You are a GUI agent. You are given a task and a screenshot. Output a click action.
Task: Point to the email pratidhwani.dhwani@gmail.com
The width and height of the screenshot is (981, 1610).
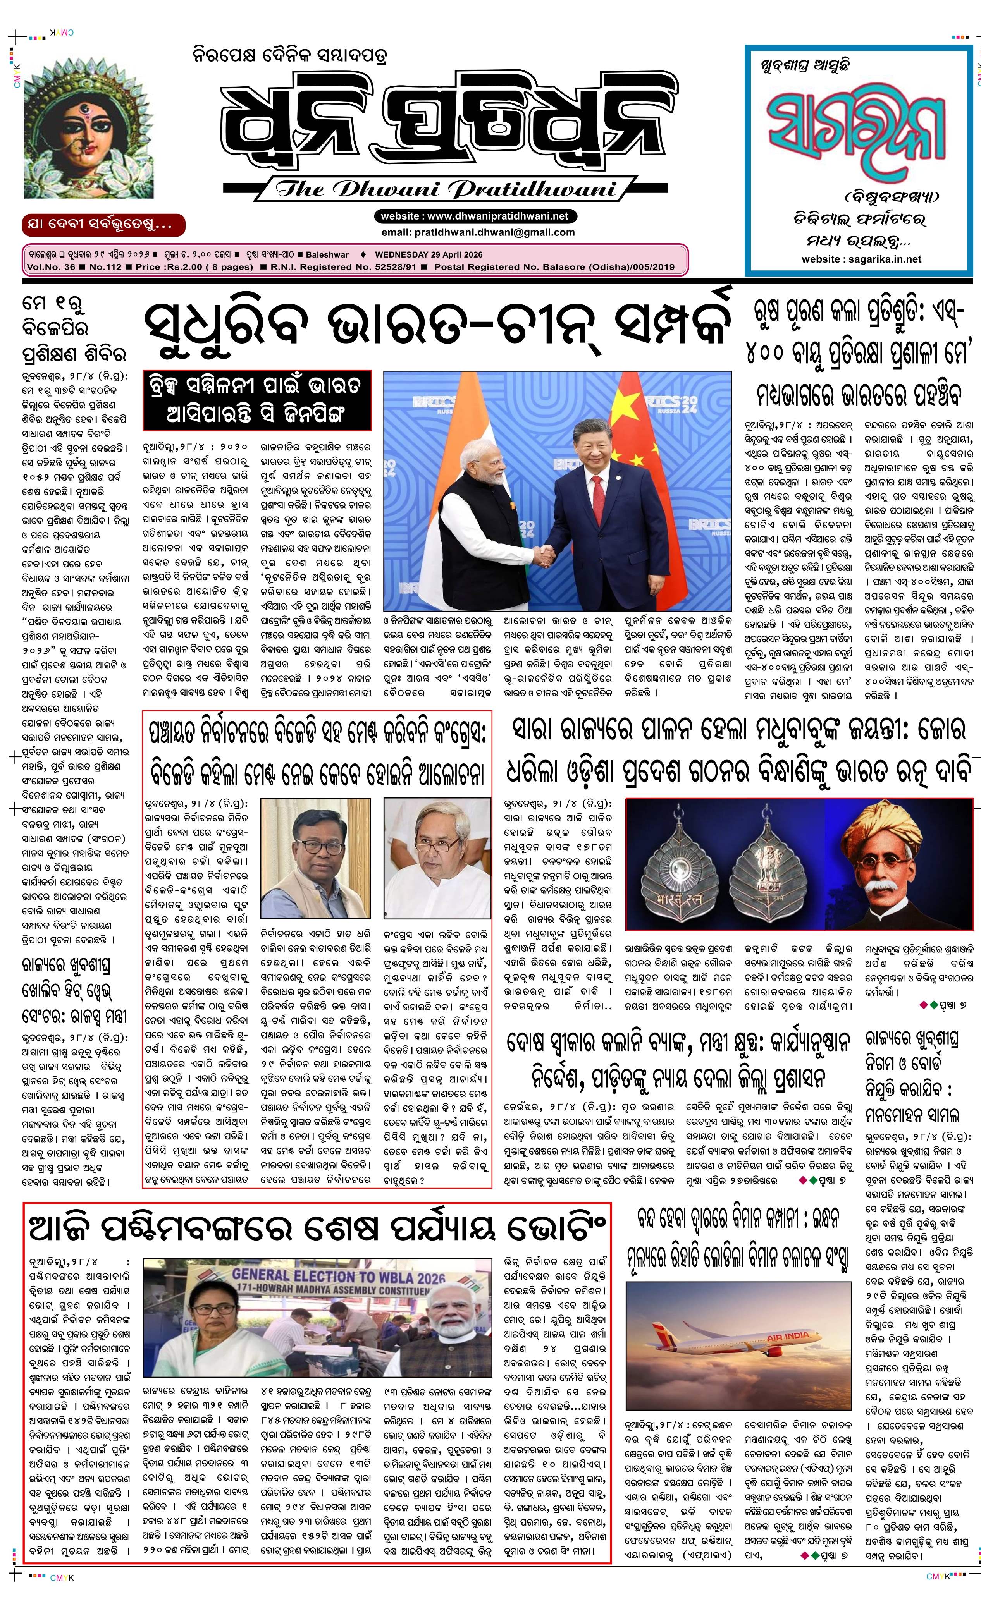(x=478, y=232)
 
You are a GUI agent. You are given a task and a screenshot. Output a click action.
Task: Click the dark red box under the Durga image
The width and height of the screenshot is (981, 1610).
(x=103, y=225)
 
